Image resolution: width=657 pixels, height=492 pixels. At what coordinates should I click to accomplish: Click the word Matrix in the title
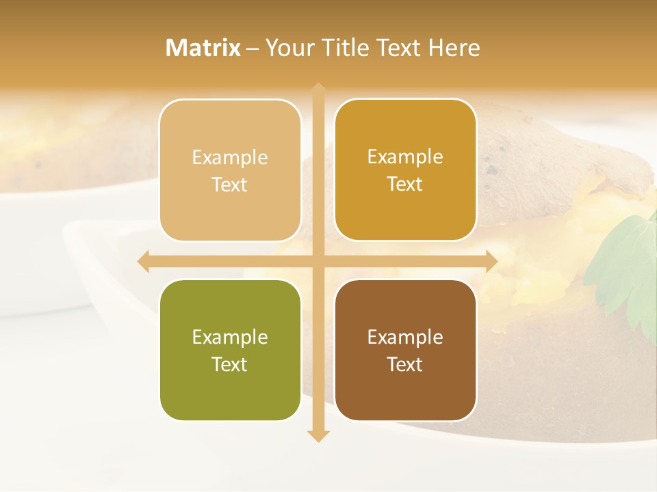coord(203,48)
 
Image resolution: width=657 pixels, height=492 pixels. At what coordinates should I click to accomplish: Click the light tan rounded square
coord(230,170)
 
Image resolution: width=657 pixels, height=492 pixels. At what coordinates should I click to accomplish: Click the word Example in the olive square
coord(230,338)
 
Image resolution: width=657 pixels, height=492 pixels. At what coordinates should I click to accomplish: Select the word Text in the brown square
coord(405,364)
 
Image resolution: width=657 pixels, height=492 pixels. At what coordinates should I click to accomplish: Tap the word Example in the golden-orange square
coord(405,157)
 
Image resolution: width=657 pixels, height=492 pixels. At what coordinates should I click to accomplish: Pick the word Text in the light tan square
coord(230,185)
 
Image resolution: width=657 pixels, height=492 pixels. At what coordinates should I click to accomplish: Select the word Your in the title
coord(287,48)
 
